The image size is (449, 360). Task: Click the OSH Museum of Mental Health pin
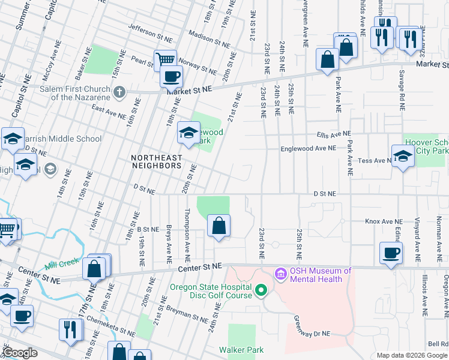pyautogui.click(x=280, y=275)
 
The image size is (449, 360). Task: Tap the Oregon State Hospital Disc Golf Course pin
pyautogui.click(x=261, y=291)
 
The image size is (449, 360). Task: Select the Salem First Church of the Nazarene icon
pyautogui.click(x=119, y=92)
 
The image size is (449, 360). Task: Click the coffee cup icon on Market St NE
pyautogui.click(x=171, y=77)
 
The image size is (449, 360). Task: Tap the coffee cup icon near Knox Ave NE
pyautogui.click(x=391, y=253)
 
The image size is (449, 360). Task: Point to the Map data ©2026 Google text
pyautogui.click(x=412, y=355)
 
